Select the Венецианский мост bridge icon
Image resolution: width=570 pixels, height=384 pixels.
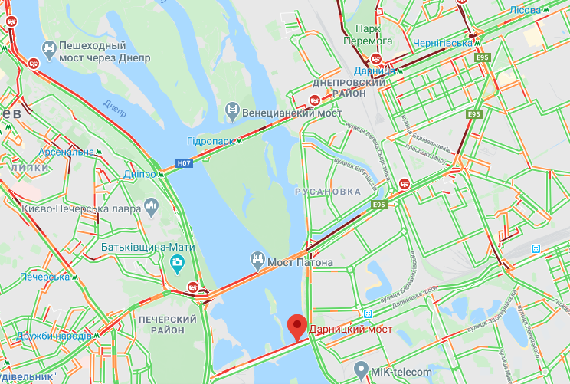coord(232,112)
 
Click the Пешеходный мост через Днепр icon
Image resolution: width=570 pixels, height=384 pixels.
coord(50,50)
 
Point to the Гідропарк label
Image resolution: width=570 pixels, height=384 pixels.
coord(211,142)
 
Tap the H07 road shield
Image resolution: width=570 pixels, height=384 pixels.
coord(184,162)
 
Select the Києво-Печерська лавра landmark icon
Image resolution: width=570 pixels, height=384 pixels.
coord(151,207)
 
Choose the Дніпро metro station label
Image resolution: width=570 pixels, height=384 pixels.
coord(140,174)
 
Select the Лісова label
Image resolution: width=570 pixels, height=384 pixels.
coord(526,10)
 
